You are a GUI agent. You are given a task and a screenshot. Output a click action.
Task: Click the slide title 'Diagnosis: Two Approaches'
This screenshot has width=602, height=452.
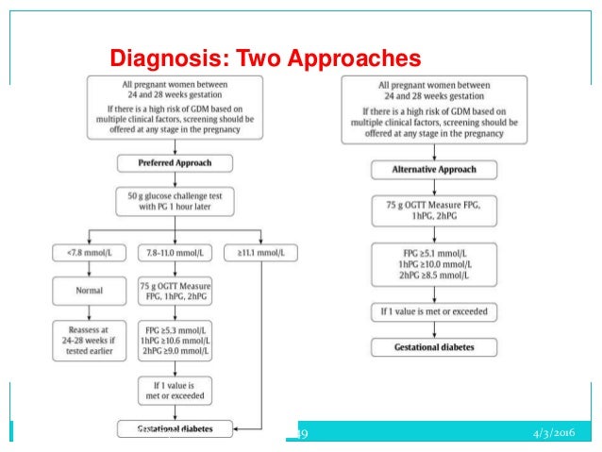265,59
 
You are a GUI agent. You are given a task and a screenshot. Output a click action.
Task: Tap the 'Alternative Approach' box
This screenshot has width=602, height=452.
432,170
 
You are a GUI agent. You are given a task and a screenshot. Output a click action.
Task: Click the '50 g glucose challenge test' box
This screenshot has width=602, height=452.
176,202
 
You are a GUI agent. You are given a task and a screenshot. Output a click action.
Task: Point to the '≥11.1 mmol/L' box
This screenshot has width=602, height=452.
259,252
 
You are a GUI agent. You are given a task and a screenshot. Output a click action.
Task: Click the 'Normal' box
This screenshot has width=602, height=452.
89,292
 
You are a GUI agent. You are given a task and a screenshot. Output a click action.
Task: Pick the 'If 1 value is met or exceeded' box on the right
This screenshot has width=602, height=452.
433,311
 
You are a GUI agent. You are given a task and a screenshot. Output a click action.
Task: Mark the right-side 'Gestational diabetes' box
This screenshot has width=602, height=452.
433,347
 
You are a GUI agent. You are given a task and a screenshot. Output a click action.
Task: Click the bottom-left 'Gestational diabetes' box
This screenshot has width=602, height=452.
176,428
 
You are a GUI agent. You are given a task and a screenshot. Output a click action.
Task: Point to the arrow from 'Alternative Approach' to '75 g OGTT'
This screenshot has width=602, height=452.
433,187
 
